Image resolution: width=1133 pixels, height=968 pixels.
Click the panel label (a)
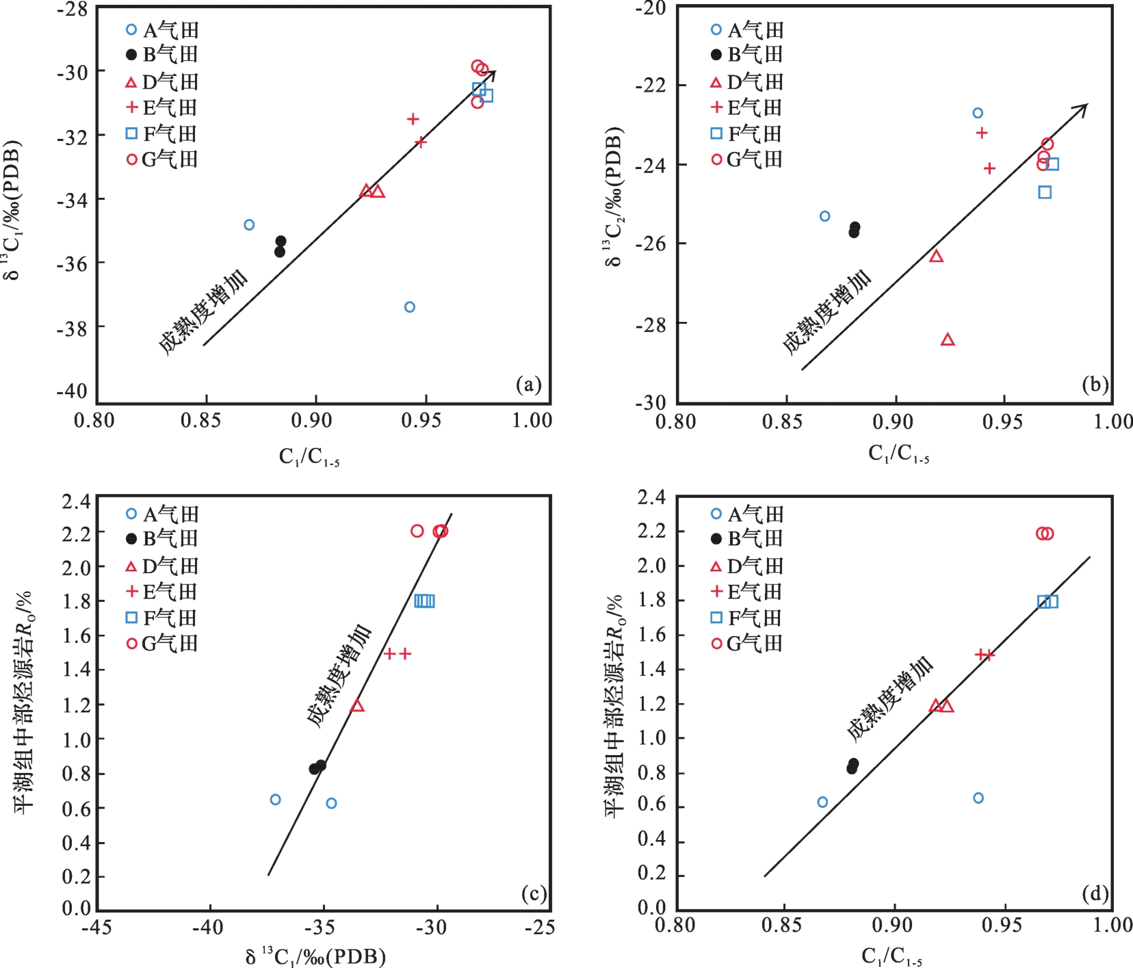coord(528,384)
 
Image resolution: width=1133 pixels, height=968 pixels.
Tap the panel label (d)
coord(1095,893)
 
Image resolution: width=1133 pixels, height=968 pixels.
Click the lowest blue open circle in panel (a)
coord(410,307)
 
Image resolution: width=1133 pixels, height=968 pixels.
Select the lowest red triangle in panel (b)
coord(948,340)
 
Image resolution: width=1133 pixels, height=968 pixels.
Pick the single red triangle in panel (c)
coord(357,705)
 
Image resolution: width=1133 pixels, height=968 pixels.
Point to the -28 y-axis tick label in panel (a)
coord(72,9)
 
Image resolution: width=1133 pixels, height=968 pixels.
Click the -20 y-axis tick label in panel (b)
coord(651,8)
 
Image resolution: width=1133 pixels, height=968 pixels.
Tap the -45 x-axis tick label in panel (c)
coord(96,928)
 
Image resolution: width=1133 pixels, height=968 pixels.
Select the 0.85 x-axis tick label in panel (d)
coord(781,926)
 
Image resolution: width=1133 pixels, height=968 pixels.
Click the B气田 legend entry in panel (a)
coord(161,55)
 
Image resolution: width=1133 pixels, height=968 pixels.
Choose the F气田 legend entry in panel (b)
coord(746,134)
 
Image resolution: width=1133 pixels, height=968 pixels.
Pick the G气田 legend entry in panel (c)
coord(161,644)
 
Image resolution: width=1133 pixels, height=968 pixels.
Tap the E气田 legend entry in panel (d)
coord(746,592)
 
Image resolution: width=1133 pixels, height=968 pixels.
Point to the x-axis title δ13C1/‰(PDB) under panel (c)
coord(315,956)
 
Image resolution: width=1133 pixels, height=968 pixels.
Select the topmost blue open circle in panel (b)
coord(978,113)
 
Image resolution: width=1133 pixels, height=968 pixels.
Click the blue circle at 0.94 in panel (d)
coord(978,798)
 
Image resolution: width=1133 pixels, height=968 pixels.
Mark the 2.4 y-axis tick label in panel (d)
coord(651,497)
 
